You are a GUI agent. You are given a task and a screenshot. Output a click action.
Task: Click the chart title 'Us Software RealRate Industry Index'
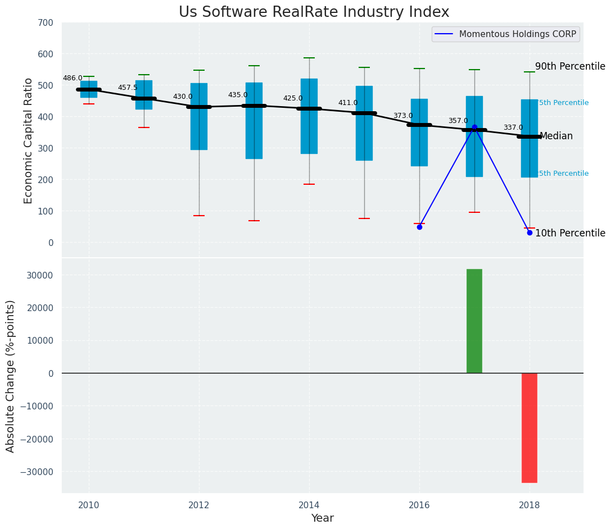[314, 12]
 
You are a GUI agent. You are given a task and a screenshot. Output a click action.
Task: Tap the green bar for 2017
[474, 321]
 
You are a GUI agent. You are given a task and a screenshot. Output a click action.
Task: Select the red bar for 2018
[529, 427]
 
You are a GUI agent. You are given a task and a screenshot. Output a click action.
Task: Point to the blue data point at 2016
[419, 227]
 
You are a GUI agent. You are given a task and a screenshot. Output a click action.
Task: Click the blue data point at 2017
[474, 127]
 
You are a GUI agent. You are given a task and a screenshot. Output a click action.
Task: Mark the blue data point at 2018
[529, 232]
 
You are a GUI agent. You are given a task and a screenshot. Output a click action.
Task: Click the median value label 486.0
[73, 79]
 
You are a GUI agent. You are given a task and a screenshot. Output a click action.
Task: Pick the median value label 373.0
[402, 116]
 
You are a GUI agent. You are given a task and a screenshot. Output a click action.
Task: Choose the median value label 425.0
[292, 99]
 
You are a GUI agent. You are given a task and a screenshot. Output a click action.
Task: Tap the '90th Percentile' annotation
[570, 66]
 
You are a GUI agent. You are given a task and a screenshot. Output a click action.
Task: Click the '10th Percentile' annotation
[570, 233]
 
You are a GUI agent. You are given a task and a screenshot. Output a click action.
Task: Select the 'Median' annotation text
[556, 136]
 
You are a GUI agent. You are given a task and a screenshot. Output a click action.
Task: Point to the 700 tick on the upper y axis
[46, 23]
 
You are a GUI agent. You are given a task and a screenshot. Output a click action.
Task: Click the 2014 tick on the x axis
[309, 505]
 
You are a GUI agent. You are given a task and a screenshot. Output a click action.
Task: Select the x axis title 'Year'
[322, 518]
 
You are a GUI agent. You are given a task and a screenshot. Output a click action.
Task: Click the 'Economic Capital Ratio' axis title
[29, 140]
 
